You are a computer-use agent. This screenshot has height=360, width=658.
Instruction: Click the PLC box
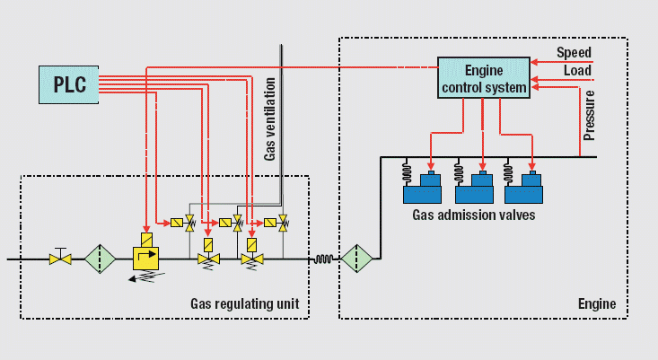point(68,84)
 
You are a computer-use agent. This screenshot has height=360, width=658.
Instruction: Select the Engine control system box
point(484,79)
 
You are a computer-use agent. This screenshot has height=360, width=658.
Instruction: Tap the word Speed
point(574,52)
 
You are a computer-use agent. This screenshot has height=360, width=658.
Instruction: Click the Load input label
point(577,70)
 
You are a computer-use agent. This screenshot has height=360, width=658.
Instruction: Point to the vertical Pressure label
point(590,116)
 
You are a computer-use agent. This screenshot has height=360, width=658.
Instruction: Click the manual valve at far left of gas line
point(61,259)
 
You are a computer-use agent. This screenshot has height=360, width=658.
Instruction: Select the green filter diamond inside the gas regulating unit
point(101,259)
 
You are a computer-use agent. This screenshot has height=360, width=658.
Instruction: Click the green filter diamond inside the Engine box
point(356,259)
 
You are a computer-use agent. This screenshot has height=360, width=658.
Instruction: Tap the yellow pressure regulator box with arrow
point(145,257)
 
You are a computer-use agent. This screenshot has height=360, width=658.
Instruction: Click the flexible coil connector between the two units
point(324,259)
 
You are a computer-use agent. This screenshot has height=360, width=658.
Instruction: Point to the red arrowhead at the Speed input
point(534,62)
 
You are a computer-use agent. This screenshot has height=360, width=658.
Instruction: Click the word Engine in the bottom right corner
point(597,303)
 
